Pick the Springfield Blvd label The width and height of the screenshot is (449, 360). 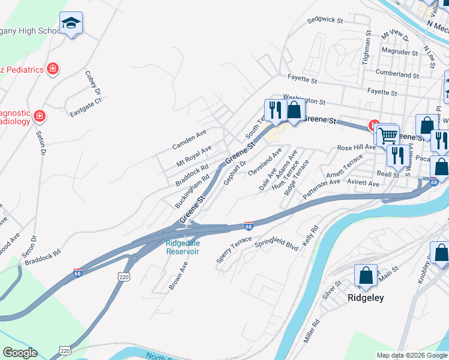coord(276,245)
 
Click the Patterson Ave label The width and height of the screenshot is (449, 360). coord(321,189)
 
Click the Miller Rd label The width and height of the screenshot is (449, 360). coord(312,330)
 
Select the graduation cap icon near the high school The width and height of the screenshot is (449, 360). coord(71,23)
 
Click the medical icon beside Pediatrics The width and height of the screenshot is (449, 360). coord(53,70)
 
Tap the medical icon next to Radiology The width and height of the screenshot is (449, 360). coord(39,115)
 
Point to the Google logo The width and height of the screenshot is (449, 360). coord(20,352)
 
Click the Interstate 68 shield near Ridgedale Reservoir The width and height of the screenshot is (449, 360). coord(249,226)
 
